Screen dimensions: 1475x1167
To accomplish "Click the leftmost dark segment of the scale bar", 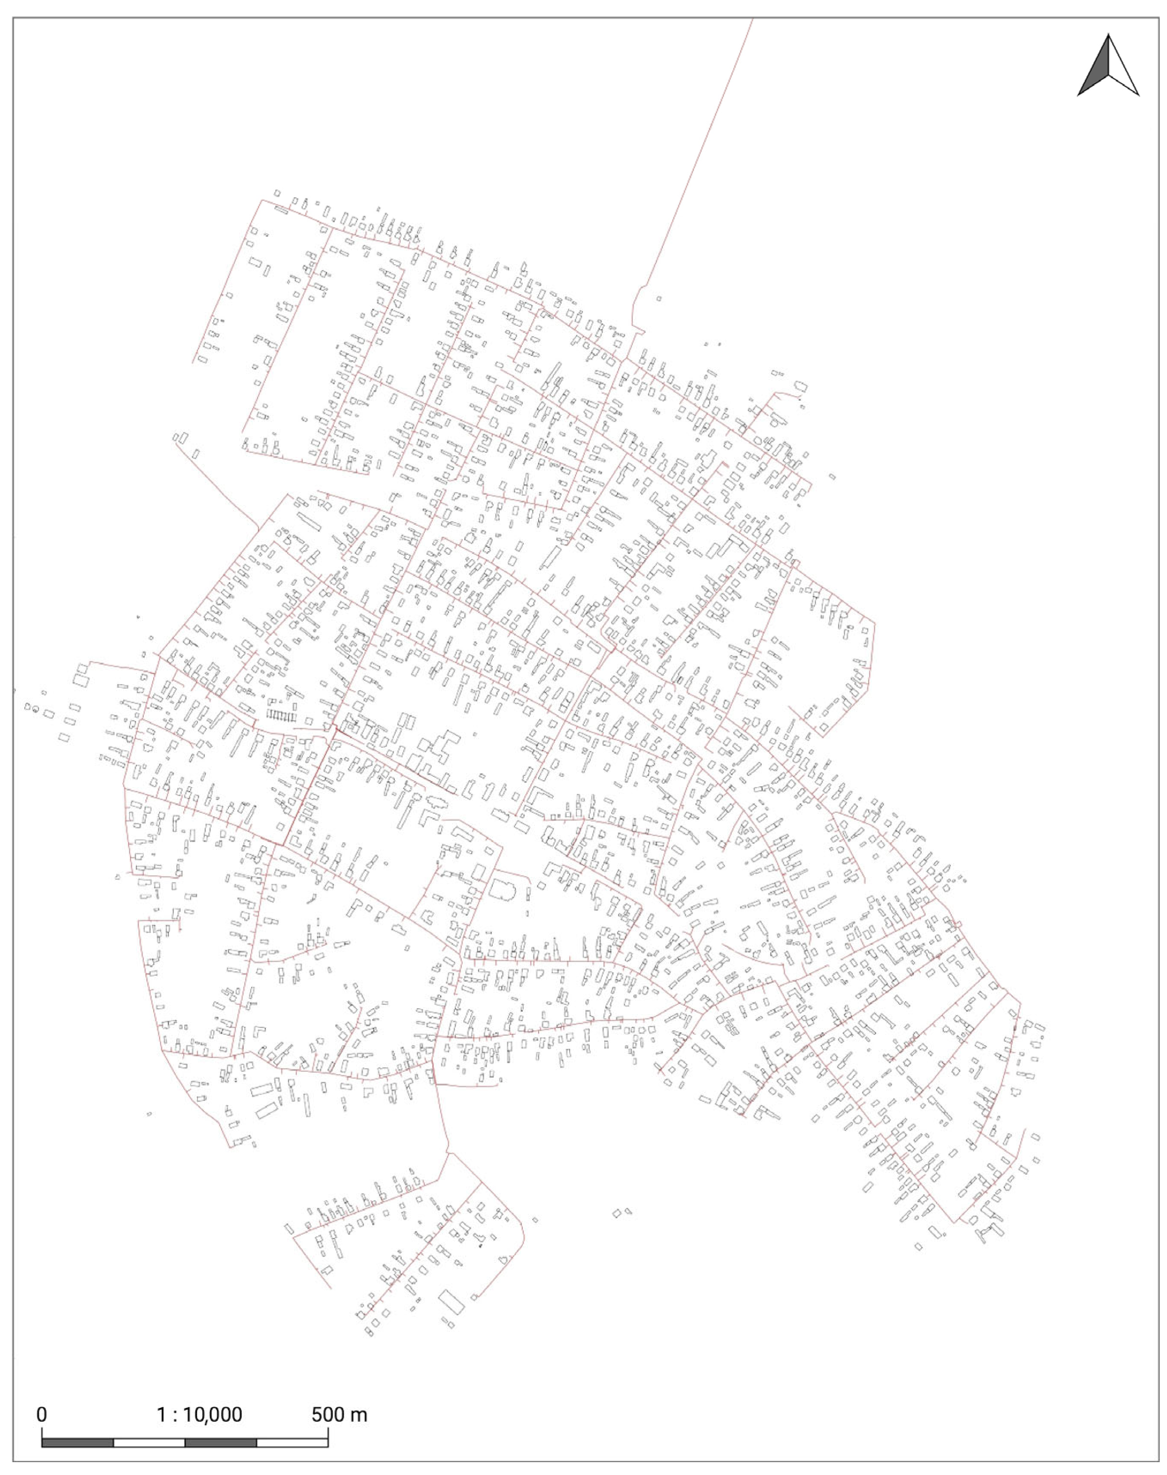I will click(77, 1443).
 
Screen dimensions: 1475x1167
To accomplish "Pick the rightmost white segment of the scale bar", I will click(292, 1443).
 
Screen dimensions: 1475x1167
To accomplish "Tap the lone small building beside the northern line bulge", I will click(659, 299).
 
